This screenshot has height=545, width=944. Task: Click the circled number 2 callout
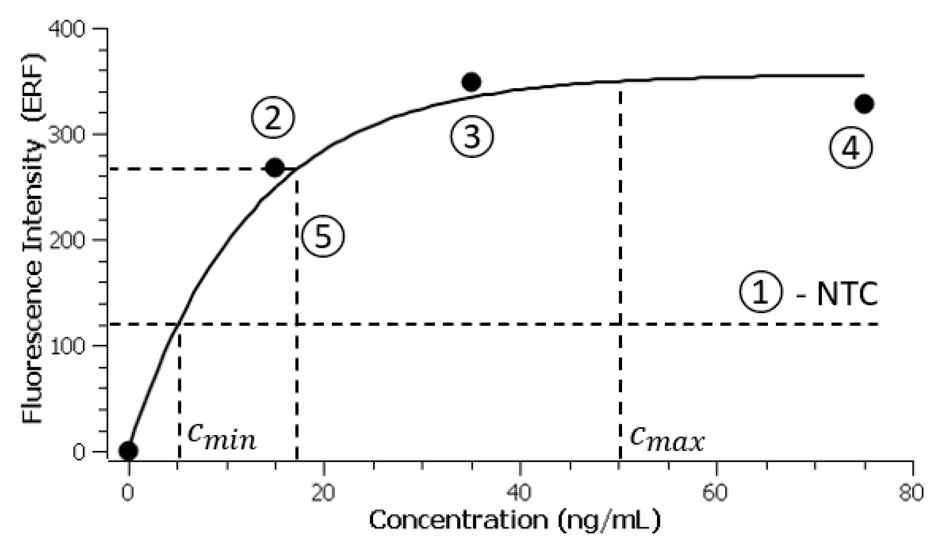(273, 118)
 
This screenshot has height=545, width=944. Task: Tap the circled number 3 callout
(472, 136)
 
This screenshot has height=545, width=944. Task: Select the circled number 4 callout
(851, 147)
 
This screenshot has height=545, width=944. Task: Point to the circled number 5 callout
(323, 236)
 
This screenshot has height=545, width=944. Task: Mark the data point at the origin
(128, 451)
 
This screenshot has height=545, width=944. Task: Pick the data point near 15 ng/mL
(275, 167)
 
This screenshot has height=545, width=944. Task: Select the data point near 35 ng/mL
(471, 82)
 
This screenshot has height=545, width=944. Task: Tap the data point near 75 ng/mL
(864, 104)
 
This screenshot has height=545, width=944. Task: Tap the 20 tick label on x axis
(323, 493)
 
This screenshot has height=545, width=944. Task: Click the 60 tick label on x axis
(715, 493)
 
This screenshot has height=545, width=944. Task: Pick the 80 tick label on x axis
(911, 493)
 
